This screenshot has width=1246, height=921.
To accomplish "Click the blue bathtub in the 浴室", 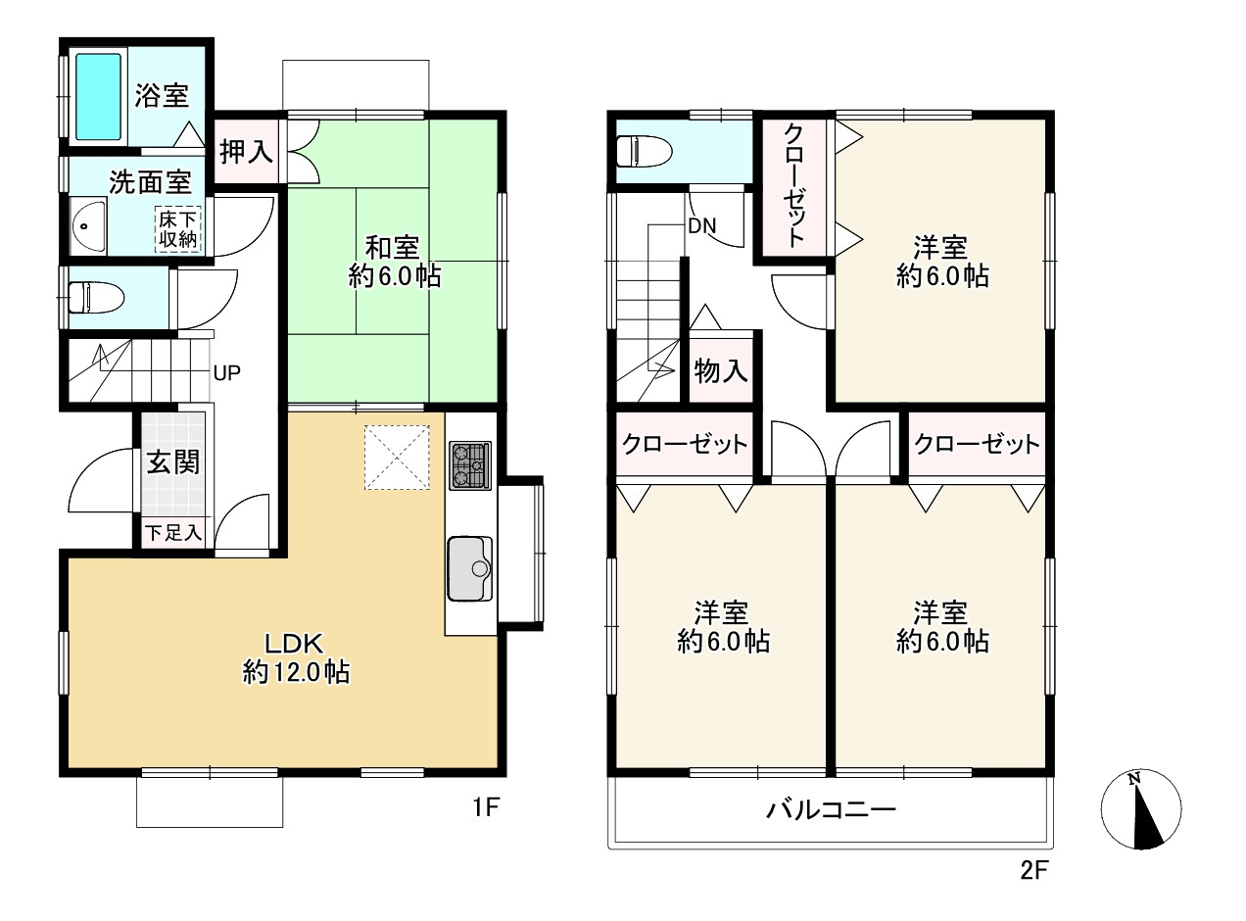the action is click(98, 96).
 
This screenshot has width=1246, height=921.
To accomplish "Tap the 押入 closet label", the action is click(247, 152).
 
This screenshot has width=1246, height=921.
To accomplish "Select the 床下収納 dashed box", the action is click(177, 230).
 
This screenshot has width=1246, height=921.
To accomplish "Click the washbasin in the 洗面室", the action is click(88, 226).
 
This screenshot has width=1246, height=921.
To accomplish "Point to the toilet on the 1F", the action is click(96, 297).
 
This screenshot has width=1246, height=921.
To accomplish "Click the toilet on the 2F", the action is click(644, 151).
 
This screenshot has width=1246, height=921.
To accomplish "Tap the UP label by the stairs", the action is click(227, 372).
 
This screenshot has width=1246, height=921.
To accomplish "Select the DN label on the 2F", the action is click(702, 226).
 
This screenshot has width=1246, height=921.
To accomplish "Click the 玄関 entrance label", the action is click(173, 462).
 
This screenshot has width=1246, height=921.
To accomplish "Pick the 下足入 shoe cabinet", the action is click(173, 532).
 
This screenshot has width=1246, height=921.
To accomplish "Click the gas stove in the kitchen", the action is click(470, 465).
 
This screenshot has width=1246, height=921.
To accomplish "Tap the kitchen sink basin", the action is click(470, 568).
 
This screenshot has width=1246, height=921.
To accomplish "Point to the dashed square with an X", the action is click(397, 458).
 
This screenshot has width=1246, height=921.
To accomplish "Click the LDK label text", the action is click(293, 644).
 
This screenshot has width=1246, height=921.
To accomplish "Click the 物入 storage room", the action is click(721, 370).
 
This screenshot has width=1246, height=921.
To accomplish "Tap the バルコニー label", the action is click(832, 809).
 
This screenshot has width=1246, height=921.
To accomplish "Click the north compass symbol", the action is click(1140, 809).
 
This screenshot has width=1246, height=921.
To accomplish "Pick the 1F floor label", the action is click(486, 807).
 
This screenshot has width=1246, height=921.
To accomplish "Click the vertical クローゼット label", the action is click(793, 186).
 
